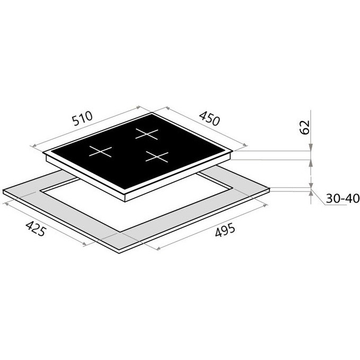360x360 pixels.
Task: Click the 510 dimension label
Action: pyautogui.click(x=82, y=118)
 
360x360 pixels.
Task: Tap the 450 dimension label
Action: pyautogui.click(x=209, y=118)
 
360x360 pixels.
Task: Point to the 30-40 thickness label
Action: pyautogui.click(x=343, y=198)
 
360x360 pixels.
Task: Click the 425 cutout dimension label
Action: pyautogui.click(x=36, y=228)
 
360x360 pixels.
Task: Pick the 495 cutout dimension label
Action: pyautogui.click(x=225, y=230)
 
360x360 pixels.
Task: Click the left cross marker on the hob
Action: pyautogui.click(x=100, y=151)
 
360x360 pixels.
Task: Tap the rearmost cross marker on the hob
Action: pyautogui.click(x=147, y=134)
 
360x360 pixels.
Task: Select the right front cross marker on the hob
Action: pyautogui.click(x=157, y=156)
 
